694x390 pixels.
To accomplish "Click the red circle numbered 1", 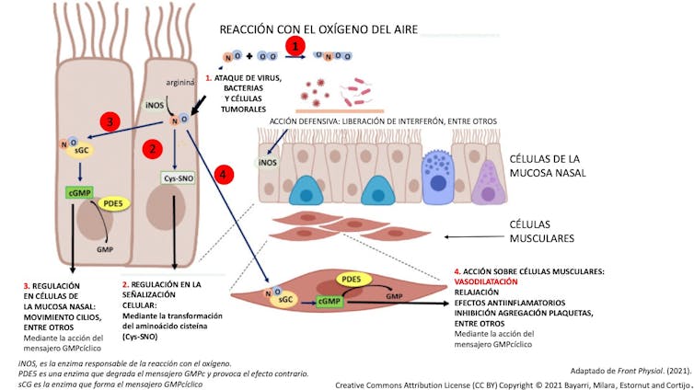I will (x=295, y=44).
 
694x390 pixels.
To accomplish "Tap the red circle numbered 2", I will (x=155, y=146).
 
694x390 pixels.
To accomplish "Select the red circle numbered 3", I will (x=110, y=121).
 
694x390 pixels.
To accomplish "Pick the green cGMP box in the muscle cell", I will (x=329, y=301).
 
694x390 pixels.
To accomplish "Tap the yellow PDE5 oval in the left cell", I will (x=115, y=202).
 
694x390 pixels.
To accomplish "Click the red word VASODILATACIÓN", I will (x=487, y=281).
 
